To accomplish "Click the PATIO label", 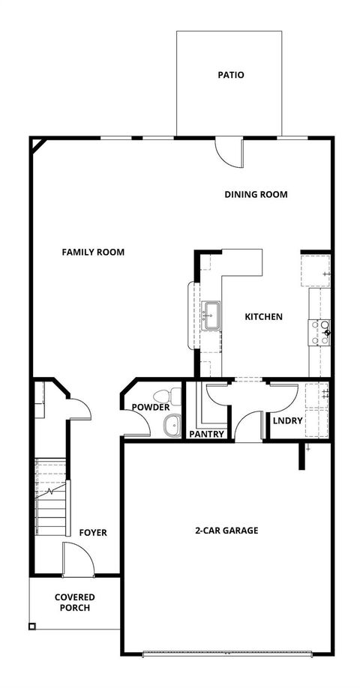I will coord(231,75).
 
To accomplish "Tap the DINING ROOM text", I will coord(256,194).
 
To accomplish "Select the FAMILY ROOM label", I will coord(93,252).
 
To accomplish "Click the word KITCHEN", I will coord(263,317).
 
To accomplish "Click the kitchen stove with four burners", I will coord(320,331).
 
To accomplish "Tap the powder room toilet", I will coord(166,396).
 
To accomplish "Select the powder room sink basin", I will coord(172,425).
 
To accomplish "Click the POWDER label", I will coord(150,408).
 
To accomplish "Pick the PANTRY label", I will coord(206,434).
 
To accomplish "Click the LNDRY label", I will coord(287,420).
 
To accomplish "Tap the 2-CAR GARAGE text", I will coord(226,530).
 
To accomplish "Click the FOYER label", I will coord(93,533).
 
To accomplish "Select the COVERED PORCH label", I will coord(72,603).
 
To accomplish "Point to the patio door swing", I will coord(228,153).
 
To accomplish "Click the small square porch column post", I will coord(32,627).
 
